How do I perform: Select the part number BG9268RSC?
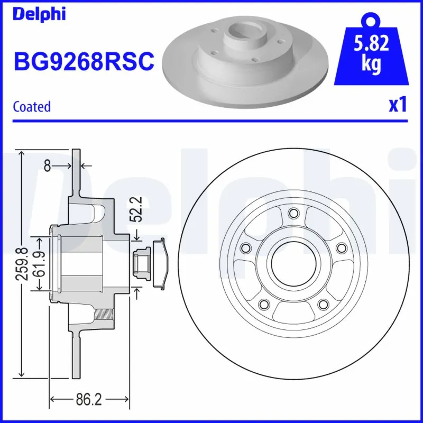(x=84, y=61)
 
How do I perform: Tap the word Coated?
(x=32, y=106)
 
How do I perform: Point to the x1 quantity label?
(x=398, y=105)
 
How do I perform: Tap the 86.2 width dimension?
(x=89, y=400)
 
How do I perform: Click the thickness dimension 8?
(x=47, y=166)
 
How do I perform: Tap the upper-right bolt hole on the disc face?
(x=341, y=248)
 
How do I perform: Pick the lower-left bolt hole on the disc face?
(x=263, y=304)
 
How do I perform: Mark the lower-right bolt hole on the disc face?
(x=323, y=304)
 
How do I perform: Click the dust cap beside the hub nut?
(x=160, y=263)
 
